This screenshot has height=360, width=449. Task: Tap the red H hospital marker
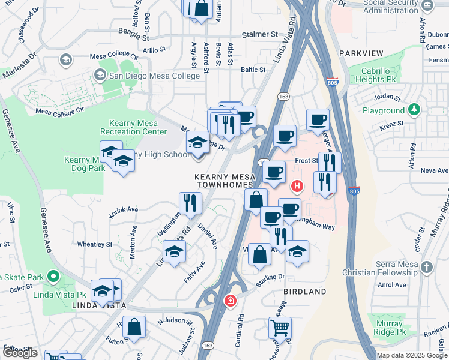(x=296, y=186)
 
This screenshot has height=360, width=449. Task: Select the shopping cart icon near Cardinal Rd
(x=280, y=328)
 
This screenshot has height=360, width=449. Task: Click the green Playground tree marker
(x=413, y=110)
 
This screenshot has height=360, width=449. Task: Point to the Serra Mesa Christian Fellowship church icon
(x=426, y=266)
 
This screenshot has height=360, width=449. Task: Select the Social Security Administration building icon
(x=427, y=6)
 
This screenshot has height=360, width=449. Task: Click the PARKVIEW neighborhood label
(x=361, y=53)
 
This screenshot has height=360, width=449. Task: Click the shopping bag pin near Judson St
(x=136, y=328)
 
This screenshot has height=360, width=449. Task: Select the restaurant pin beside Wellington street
(x=190, y=203)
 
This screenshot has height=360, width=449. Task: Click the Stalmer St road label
(x=261, y=35)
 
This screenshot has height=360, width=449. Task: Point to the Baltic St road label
(x=253, y=70)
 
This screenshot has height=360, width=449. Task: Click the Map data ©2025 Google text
(x=412, y=355)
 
